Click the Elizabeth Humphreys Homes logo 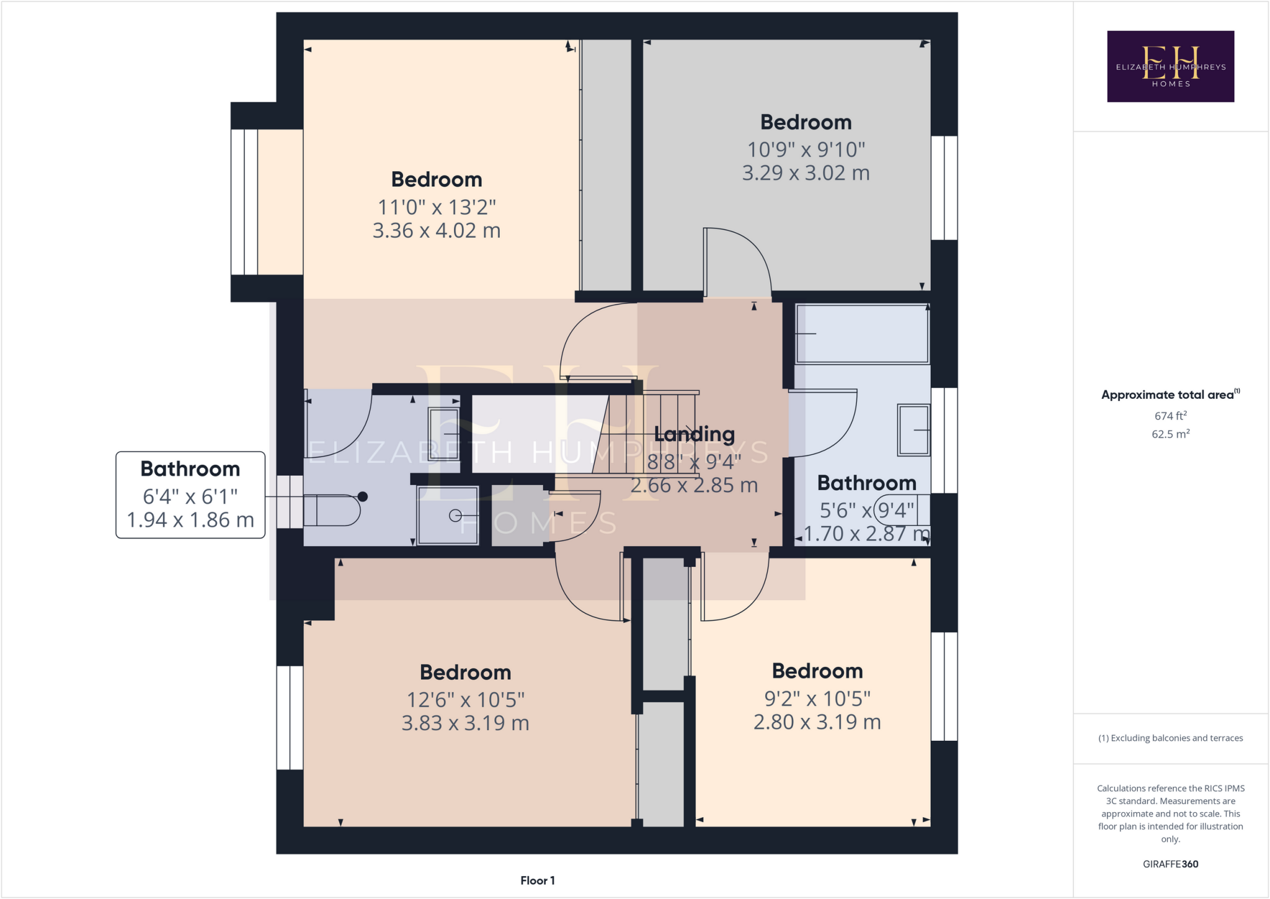tap(1170, 66)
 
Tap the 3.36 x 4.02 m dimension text tap(437, 231)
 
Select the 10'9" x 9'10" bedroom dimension tap(806, 150)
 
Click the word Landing tap(695, 434)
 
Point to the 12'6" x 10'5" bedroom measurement tap(466, 700)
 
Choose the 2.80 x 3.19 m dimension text tap(817, 722)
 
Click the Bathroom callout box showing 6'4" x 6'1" tap(190, 494)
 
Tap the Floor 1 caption tap(538, 880)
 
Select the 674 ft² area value tap(1171, 416)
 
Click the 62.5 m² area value tap(1171, 434)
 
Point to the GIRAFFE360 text tap(1171, 864)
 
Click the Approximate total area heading tap(1171, 395)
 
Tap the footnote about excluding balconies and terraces tap(1171, 738)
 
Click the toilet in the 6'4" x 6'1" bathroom tap(332, 510)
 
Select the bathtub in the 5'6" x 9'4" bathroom tap(863, 333)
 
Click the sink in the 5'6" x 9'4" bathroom tap(913, 430)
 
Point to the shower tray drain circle tap(455, 515)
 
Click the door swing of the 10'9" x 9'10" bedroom tap(737, 261)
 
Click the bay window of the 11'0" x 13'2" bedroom tap(267, 202)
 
